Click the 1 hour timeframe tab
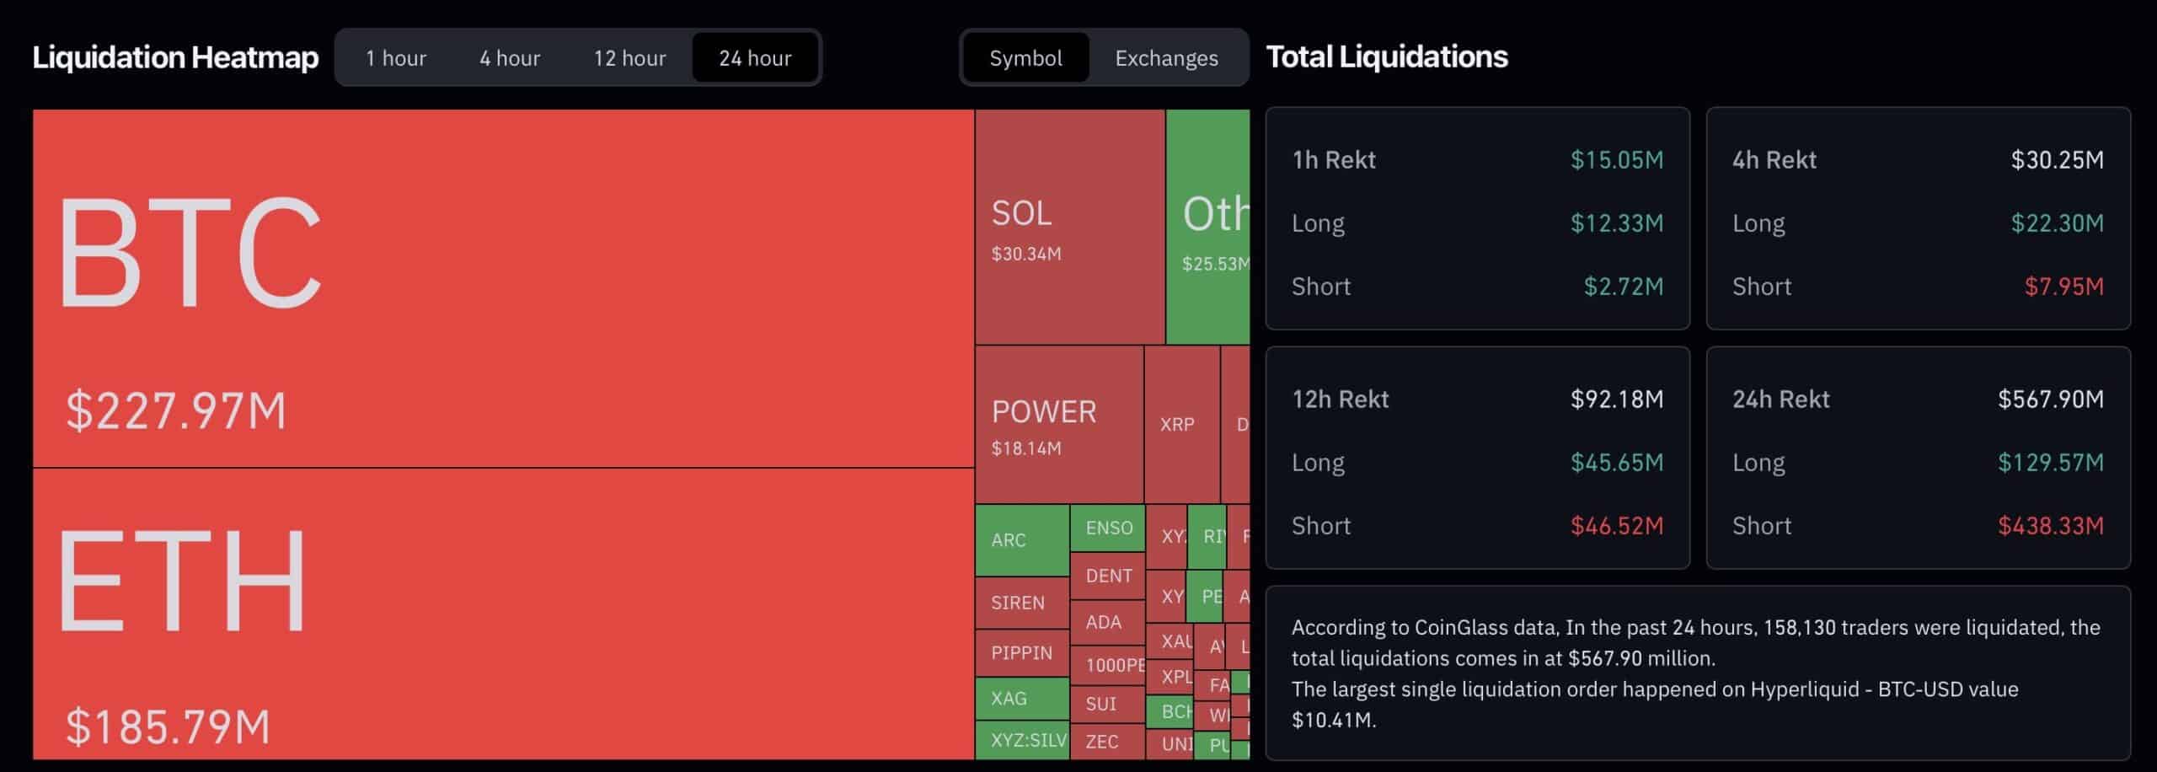tap(395, 57)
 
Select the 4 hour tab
tap(510, 57)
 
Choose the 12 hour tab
tap(629, 57)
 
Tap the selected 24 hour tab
tap(755, 57)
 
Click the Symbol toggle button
tap(1025, 57)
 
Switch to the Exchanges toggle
tap(1166, 57)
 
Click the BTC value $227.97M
tap(176, 411)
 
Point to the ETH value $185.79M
tap(168, 726)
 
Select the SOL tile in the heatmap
tap(1069, 228)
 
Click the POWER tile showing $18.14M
tap(1058, 426)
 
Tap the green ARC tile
tap(1021, 540)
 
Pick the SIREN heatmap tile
tap(1021, 603)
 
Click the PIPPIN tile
tap(1021, 652)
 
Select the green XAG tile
tap(1021, 699)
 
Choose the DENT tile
tap(1108, 576)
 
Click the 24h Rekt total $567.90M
tap(2050, 399)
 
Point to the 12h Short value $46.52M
tap(1616, 526)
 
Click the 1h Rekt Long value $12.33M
tap(1616, 223)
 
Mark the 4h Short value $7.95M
tap(2063, 287)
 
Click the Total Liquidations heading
tap(1387, 56)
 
